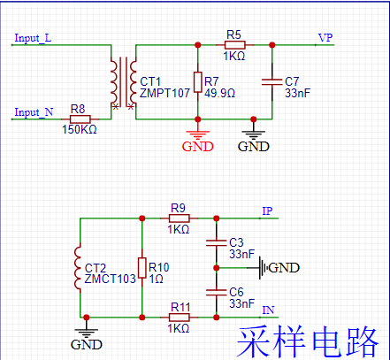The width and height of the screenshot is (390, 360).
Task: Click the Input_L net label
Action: (33, 39)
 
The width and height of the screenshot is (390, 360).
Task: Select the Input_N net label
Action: (33, 112)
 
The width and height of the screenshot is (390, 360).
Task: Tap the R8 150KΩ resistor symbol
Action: (80, 117)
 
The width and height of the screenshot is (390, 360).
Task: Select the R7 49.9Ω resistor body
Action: (196, 80)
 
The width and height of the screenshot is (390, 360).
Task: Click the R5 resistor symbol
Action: (233, 43)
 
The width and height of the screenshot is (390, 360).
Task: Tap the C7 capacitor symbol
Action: (272, 80)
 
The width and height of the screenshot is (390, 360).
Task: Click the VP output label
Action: (325, 38)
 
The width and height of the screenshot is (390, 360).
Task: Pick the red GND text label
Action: (197, 147)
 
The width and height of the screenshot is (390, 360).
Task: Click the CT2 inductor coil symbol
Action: (80, 266)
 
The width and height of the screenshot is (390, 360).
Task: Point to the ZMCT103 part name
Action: (109, 278)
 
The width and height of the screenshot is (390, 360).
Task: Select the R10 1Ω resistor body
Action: (141, 266)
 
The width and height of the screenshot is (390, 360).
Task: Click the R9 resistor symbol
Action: (179, 218)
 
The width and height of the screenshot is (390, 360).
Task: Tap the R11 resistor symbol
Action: (179, 316)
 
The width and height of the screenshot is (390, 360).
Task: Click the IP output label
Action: (267, 211)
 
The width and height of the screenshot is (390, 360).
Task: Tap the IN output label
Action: (268, 310)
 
